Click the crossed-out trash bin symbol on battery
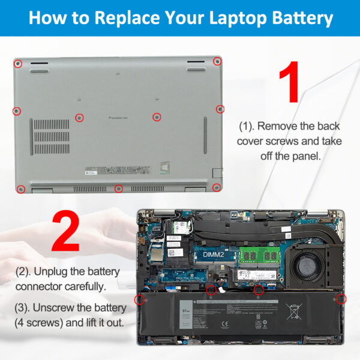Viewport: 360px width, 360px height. click(x=294, y=312)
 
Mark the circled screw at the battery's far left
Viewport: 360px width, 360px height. click(x=140, y=298)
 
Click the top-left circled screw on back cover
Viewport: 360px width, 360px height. click(x=19, y=63)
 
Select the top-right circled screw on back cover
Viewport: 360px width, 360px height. click(x=217, y=61)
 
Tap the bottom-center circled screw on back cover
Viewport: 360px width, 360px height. click(x=119, y=188)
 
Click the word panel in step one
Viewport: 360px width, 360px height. click(x=305, y=155)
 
